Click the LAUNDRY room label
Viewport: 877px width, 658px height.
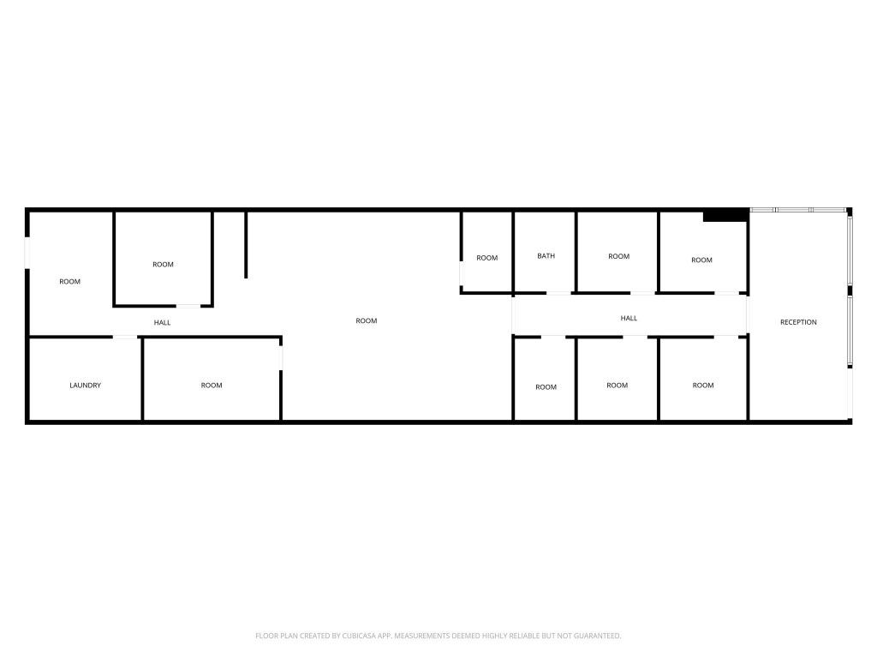click(85, 386)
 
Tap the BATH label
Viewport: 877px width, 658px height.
click(546, 256)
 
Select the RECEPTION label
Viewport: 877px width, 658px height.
click(798, 322)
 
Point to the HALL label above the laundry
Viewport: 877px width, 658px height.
click(162, 323)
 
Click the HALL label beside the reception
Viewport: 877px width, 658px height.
click(629, 319)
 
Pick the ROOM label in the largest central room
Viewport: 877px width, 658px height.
click(367, 321)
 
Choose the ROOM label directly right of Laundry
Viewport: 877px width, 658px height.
click(212, 386)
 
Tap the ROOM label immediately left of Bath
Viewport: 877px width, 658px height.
click(487, 258)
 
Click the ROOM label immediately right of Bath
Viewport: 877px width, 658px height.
click(618, 256)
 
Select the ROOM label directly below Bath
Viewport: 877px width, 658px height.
click(546, 387)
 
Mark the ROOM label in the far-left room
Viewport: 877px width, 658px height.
click(70, 282)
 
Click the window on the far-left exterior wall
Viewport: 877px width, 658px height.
click(27, 253)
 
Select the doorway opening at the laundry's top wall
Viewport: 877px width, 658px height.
click(126, 338)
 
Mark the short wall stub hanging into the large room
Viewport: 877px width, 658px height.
click(246, 244)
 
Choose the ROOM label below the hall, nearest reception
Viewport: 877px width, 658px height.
click(703, 386)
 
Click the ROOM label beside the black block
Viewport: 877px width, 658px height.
click(701, 260)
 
